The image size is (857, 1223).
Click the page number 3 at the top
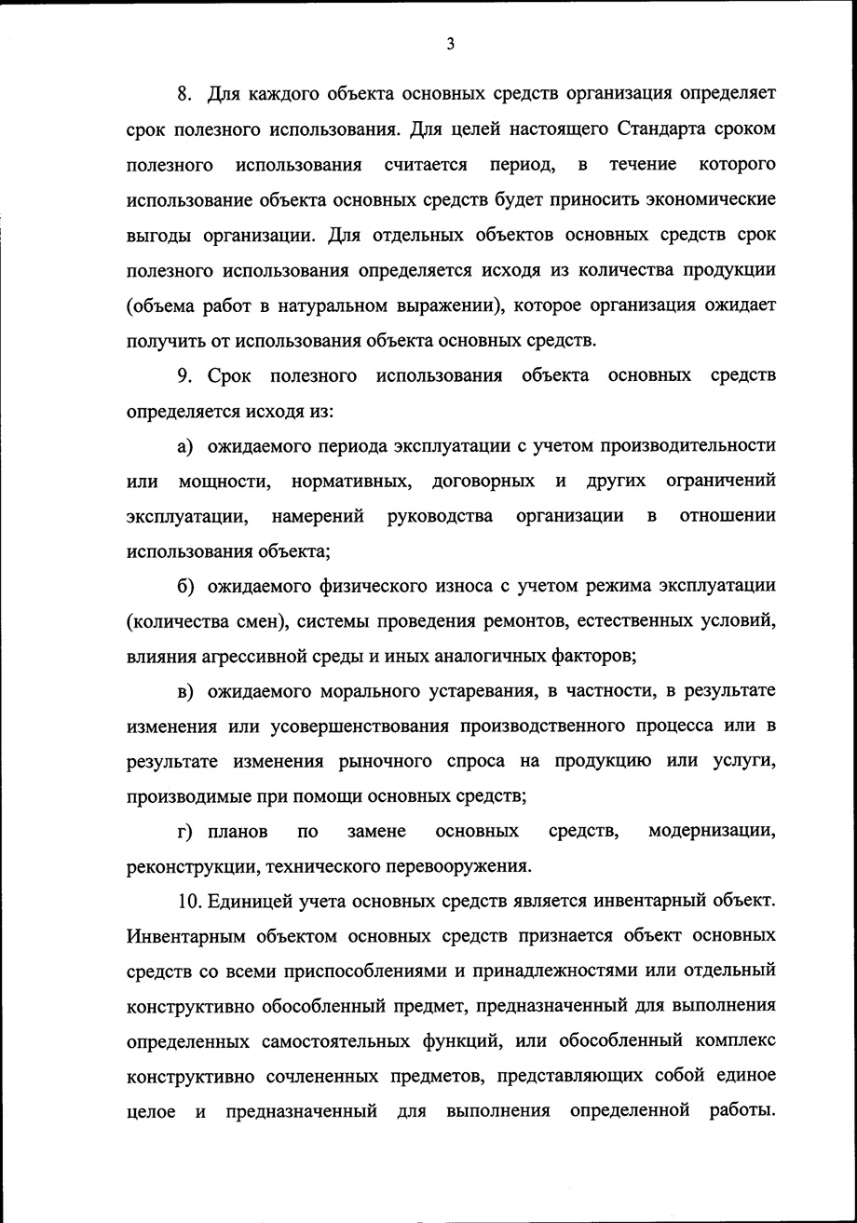point(450,44)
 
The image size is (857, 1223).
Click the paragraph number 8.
point(184,94)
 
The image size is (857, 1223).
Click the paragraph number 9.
point(184,375)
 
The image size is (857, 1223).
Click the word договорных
point(483,481)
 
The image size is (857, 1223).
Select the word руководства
point(440,516)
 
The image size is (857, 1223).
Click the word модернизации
point(712,831)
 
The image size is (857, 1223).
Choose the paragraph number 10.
point(189,901)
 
